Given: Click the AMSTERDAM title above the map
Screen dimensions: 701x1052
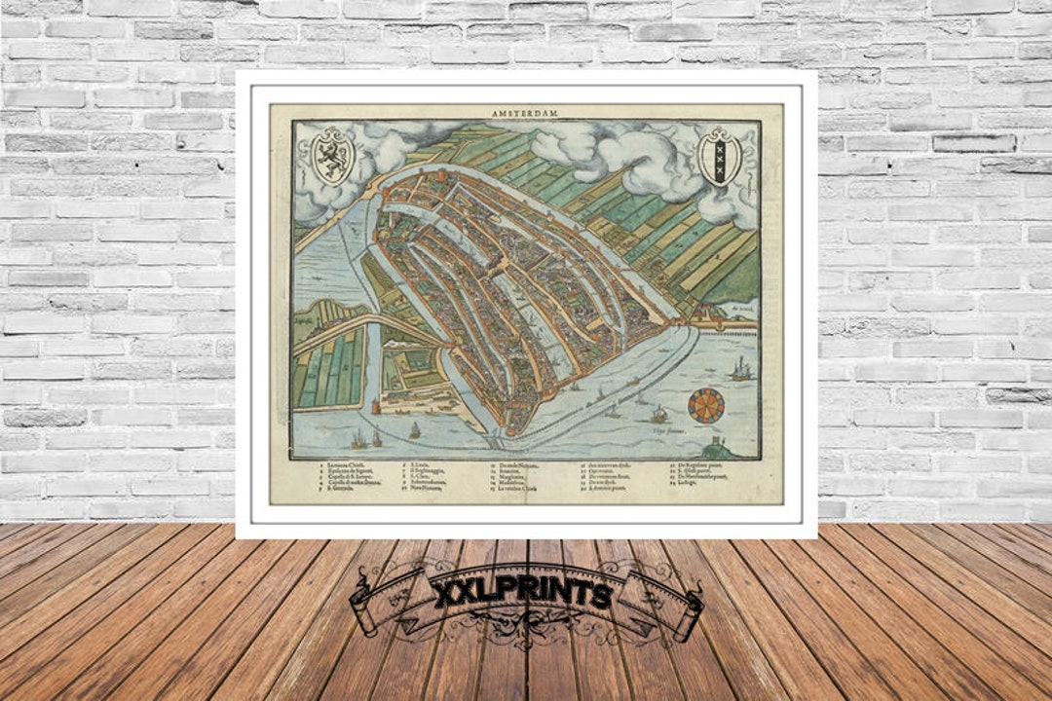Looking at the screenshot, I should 526,113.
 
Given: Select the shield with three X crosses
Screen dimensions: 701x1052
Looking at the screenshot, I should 720,156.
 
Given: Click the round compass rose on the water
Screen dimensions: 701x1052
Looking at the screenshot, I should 706,405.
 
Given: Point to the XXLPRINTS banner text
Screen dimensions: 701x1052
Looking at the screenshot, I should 524,592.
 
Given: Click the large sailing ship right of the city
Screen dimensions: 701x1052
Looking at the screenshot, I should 740,368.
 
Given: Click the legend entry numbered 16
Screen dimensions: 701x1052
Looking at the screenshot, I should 606,466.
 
